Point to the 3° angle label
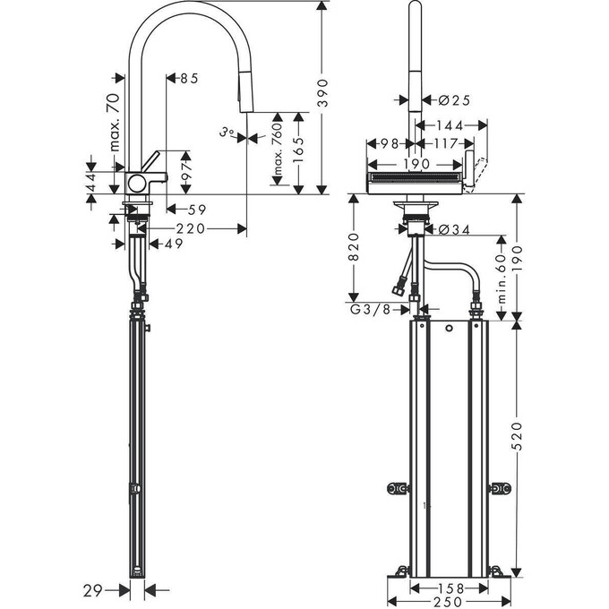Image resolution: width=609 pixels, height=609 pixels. coord(227,133)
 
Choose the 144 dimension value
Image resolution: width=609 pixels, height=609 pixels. coord(452,126)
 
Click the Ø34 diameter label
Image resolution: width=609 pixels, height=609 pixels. coord(455,230)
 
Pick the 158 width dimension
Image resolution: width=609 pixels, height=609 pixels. coord(449,588)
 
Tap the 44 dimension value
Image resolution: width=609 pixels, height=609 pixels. coord(90,177)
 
